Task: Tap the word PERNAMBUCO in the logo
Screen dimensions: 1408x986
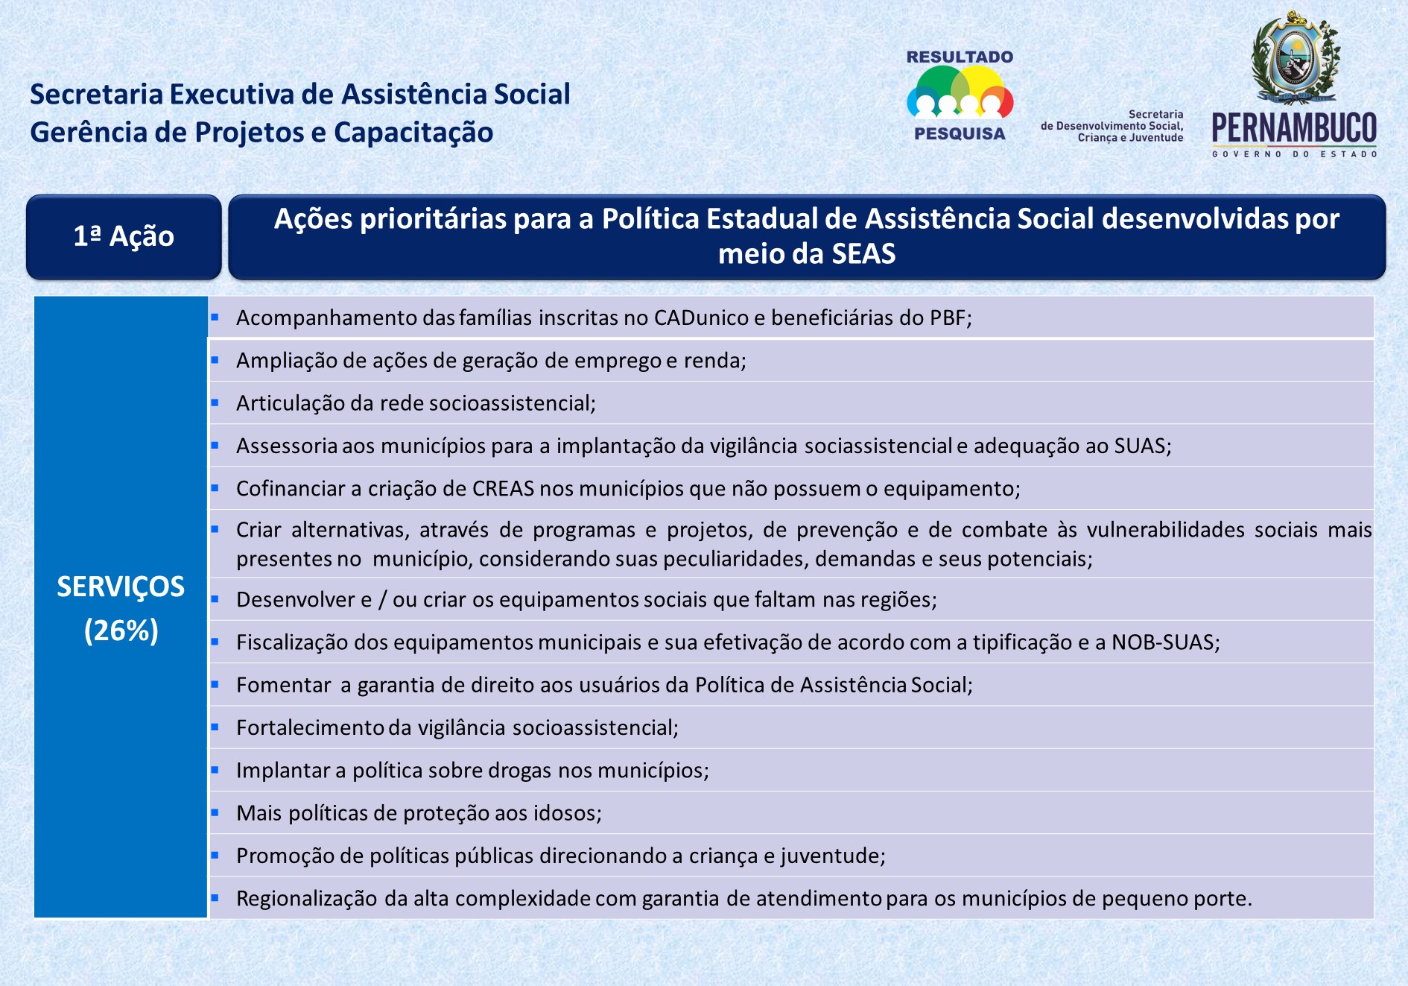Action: tap(1295, 128)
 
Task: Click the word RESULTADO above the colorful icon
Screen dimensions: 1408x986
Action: tap(960, 57)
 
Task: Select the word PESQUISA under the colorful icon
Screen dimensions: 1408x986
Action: tap(960, 134)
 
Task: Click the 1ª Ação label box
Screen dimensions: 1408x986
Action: tap(124, 237)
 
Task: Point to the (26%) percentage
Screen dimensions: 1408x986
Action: tap(121, 631)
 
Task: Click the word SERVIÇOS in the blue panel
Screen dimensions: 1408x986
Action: tap(121, 587)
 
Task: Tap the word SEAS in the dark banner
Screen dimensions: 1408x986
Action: tap(863, 254)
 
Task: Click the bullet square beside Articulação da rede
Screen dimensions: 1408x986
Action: tap(215, 402)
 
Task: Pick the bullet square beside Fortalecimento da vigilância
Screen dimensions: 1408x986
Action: tap(215, 727)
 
